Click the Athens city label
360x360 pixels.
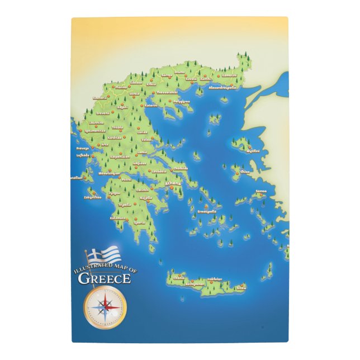[173, 183]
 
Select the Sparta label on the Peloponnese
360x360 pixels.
[139, 222]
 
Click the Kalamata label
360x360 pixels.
[118, 218]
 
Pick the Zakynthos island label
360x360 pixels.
[93, 197]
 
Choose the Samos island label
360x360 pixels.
[261, 191]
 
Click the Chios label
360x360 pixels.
[245, 172]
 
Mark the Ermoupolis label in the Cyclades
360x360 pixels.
[206, 212]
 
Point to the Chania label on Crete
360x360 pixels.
[179, 277]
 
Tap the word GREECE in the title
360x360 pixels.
[105, 278]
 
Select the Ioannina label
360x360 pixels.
[96, 122]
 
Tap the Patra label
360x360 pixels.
[127, 180]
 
